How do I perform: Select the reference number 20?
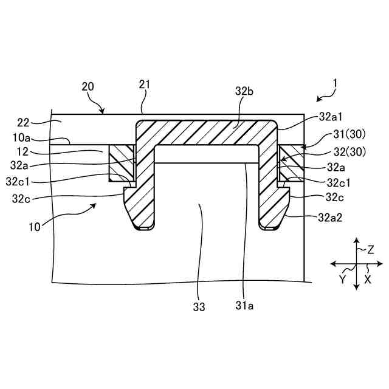click(88, 86)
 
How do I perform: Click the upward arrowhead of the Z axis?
click(356, 240)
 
